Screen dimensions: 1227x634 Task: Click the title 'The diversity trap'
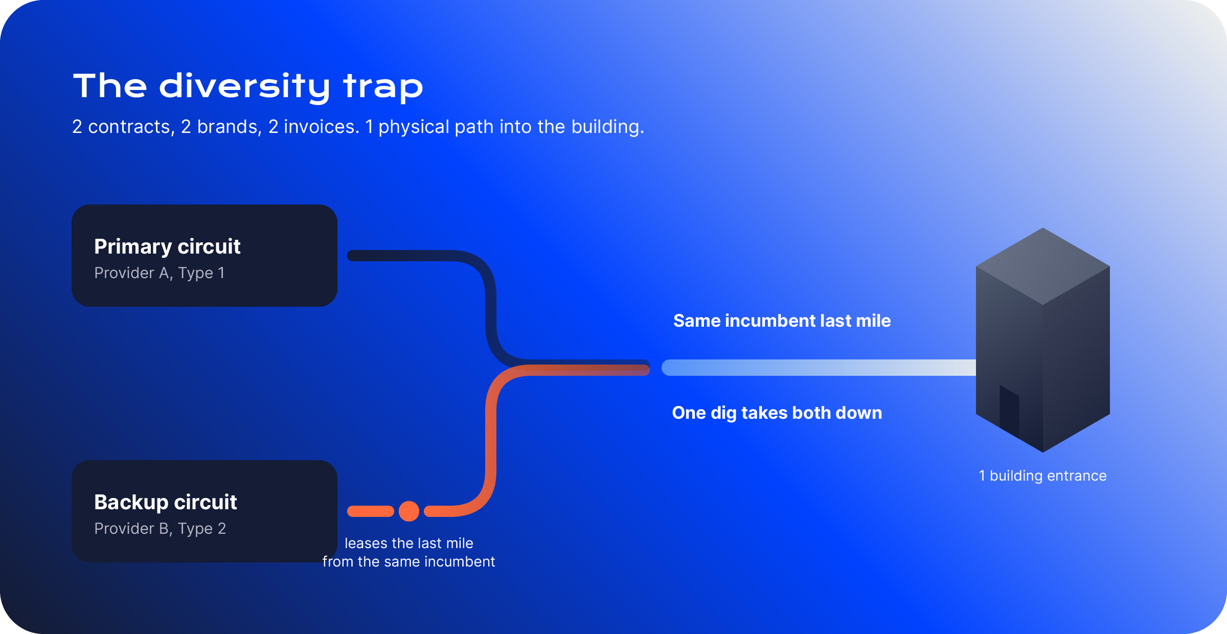248,86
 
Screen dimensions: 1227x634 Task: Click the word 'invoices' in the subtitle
322,127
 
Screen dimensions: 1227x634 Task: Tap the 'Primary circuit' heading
167,246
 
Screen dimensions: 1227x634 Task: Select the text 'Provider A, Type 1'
160,273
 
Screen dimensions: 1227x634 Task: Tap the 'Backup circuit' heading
166,502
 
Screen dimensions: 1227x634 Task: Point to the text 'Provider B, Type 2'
160,529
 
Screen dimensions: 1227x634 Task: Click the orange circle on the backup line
409,511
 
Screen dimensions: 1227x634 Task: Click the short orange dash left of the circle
371,511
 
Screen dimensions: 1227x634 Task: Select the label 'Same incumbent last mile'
782,321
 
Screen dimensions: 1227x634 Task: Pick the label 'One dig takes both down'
777,413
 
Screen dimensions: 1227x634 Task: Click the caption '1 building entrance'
1043,476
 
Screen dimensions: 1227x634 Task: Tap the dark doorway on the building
1009,412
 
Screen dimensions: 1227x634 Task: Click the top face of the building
1043,266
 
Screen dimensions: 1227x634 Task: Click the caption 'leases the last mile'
409,543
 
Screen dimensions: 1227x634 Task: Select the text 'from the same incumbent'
409,561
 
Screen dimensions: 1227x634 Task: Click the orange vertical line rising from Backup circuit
491,440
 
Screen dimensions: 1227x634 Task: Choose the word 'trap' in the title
383,87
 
